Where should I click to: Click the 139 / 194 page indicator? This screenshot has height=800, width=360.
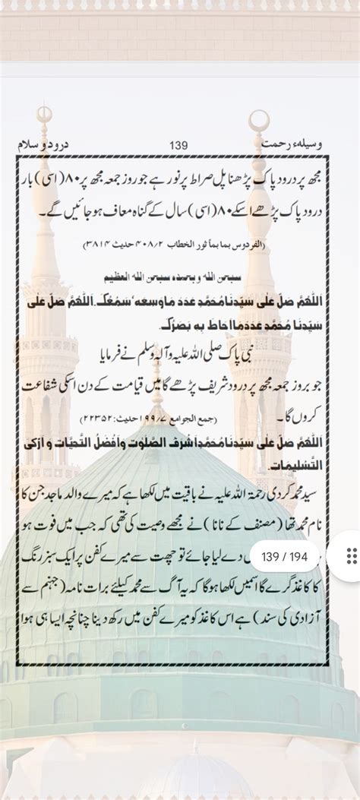coord(284,557)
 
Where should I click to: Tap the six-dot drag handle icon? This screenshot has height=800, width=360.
coord(351,556)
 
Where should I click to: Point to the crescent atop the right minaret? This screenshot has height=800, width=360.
coord(260,119)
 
